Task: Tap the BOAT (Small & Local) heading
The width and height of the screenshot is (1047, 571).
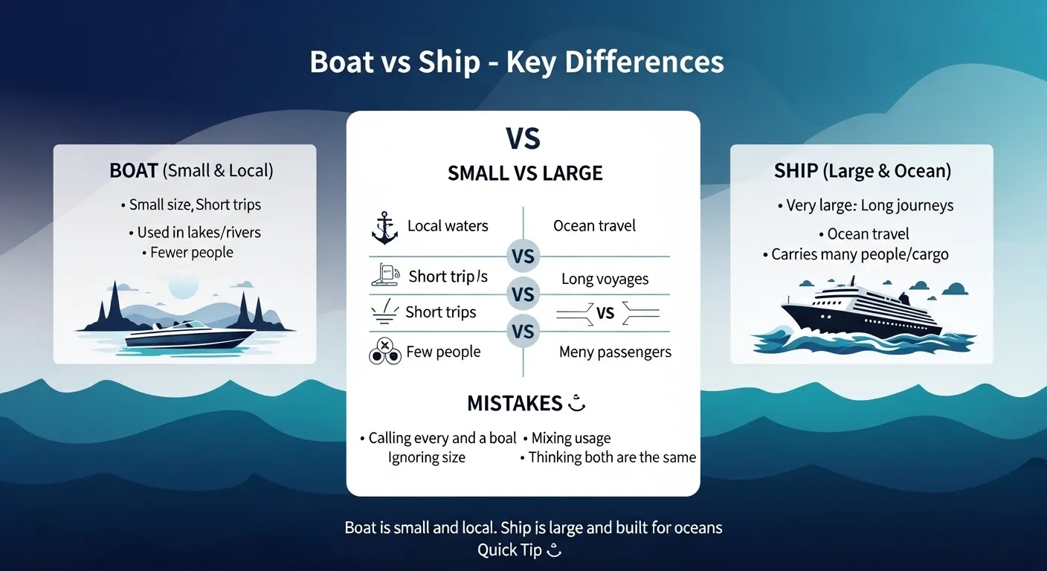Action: point(191,170)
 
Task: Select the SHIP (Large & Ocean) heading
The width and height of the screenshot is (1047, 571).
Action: point(862,170)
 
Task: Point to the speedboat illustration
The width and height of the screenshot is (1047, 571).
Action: point(189,335)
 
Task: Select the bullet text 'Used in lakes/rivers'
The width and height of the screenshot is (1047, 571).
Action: point(199,232)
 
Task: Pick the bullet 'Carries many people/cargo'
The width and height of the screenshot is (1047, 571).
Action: point(860,254)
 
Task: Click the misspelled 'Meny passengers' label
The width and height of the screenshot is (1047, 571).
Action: point(615,352)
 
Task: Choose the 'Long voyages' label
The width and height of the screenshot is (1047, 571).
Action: point(605,279)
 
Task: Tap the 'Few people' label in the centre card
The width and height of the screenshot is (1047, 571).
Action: point(443,352)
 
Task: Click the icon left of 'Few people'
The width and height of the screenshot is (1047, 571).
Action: point(384,351)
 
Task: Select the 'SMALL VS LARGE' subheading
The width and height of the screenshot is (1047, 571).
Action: point(525,173)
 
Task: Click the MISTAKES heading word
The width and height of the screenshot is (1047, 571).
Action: point(514,403)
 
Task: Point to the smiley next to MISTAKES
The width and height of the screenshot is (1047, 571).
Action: point(577,404)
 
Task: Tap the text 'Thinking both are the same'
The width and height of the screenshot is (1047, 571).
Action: point(611,457)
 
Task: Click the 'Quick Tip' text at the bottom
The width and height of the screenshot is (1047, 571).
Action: point(510,550)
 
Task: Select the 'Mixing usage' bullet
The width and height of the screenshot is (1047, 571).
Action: point(570,438)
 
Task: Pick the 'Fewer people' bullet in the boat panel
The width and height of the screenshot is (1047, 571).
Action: point(191,253)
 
